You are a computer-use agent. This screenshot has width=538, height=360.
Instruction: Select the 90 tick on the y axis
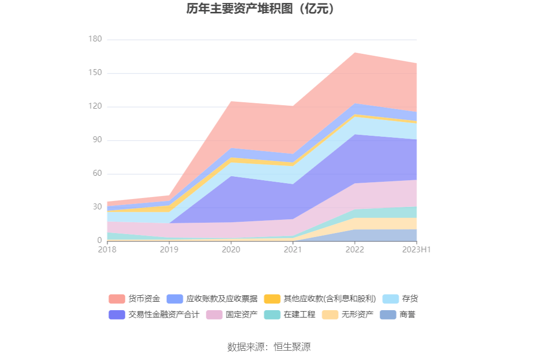point(97,140)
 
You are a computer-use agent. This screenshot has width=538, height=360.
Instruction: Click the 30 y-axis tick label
point(97,207)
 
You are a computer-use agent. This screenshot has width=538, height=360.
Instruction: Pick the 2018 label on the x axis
point(107,250)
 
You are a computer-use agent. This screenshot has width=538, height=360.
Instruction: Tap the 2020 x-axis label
point(231,250)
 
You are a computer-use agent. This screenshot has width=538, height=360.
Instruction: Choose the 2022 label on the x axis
point(355,250)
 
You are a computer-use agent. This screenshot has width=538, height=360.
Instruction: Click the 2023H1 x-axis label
point(417,250)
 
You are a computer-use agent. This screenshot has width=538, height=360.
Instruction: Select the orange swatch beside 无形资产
point(330,315)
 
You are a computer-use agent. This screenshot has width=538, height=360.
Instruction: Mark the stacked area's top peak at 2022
point(355,53)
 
